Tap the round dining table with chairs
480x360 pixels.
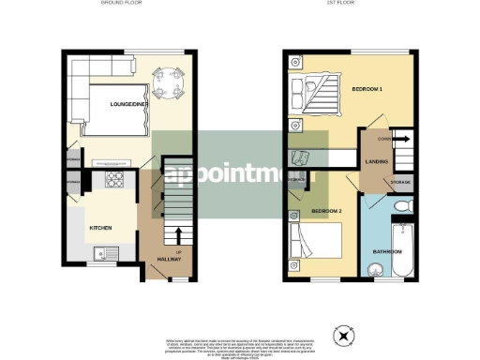[x=170, y=82]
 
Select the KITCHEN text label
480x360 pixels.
[x=101, y=228]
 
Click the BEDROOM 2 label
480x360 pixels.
[x=326, y=212]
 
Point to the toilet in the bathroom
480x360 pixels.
[x=400, y=206]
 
